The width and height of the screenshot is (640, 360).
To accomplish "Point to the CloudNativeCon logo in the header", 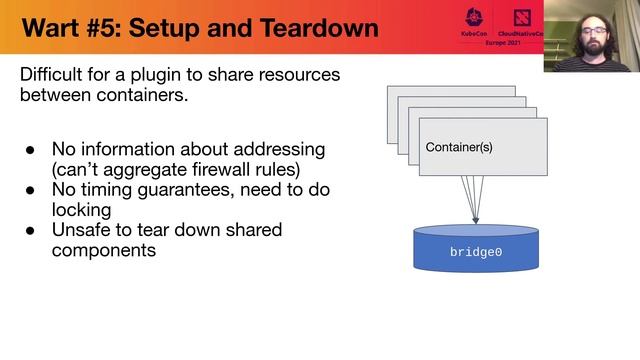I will tap(522, 21).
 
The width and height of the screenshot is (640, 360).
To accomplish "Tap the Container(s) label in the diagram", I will tap(459, 147).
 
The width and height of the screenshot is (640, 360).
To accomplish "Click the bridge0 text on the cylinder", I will tap(476, 253).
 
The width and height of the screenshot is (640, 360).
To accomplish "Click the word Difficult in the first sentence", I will tap(55, 75).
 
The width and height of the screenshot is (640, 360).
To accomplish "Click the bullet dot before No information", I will tap(30, 150).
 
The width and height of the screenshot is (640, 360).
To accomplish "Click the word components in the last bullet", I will tap(103, 250).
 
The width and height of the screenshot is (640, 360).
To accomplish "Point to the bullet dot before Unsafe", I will tap(30, 231).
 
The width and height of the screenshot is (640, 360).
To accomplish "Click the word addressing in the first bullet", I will tap(281, 149).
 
